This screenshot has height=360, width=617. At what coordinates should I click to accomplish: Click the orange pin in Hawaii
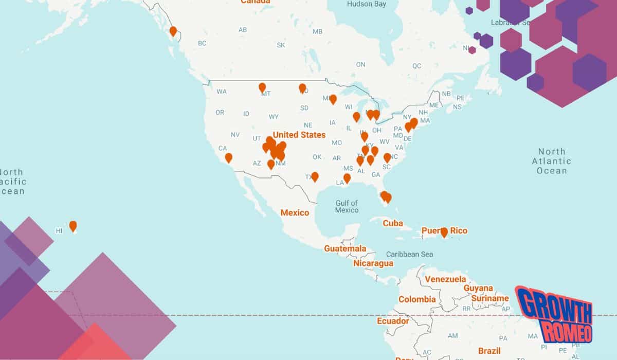[x=73, y=226]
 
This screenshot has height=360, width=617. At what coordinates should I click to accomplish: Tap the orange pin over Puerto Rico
[x=444, y=232]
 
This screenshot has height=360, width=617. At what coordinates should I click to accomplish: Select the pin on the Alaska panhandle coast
[x=173, y=31]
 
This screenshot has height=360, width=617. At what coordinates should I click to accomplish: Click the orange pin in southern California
[x=228, y=158]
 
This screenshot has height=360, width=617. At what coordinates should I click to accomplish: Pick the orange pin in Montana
[x=262, y=87]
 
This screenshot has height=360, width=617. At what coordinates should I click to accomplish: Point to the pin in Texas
[x=315, y=176]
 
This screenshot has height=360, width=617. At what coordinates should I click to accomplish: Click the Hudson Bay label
[x=366, y=4]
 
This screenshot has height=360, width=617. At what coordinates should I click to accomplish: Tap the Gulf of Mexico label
[x=347, y=206]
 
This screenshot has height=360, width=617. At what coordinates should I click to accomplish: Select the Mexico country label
[x=295, y=212]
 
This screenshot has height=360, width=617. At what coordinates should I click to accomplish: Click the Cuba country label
[x=392, y=223]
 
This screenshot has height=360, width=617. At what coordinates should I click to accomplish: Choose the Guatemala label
[x=345, y=248]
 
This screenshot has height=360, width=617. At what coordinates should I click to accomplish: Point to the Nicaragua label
[x=373, y=263]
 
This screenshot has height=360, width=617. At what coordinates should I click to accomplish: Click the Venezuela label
[x=445, y=279]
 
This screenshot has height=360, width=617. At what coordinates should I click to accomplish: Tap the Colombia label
[x=417, y=299]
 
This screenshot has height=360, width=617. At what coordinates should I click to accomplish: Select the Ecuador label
[x=393, y=321]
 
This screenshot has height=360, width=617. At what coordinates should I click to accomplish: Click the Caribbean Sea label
[x=409, y=254]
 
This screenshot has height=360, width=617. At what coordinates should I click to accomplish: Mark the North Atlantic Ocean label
[x=552, y=161]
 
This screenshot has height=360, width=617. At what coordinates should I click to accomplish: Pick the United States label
[x=299, y=135]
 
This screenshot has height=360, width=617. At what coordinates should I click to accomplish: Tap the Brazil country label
[x=489, y=351]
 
